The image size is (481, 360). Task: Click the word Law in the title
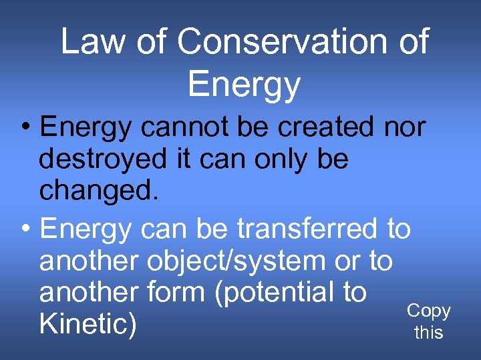pyautogui.click(x=92, y=42)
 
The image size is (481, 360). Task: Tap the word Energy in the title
pyautogui.click(x=244, y=85)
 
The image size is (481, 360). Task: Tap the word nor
pyautogui.click(x=405, y=126)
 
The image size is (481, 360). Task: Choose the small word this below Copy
pyautogui.click(x=429, y=332)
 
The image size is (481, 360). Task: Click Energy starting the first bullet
pyautogui.click(x=86, y=127)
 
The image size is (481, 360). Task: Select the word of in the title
pyautogui.click(x=410, y=42)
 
